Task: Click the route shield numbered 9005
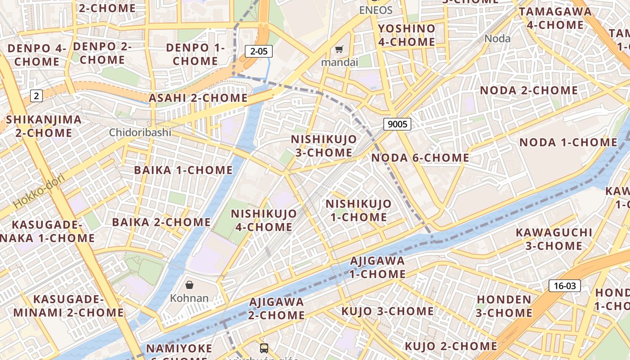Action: (x=397, y=124)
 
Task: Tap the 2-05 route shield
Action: (x=259, y=51)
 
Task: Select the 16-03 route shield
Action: (x=565, y=286)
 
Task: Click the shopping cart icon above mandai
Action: (x=339, y=49)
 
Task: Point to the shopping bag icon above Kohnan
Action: (x=189, y=284)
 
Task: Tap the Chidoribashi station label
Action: (x=140, y=132)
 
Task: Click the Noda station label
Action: (x=497, y=39)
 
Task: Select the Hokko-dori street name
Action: (x=39, y=191)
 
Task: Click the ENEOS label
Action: (x=376, y=10)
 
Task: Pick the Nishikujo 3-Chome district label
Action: (x=324, y=146)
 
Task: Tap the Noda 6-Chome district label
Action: (x=420, y=158)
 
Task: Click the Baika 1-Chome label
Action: (x=183, y=170)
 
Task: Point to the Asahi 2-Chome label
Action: (x=198, y=98)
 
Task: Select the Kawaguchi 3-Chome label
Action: (x=553, y=239)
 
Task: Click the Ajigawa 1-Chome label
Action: (x=378, y=267)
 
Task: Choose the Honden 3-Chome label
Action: (x=504, y=306)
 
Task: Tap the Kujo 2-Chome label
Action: (x=451, y=346)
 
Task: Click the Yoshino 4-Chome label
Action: (x=406, y=35)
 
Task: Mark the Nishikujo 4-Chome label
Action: (x=264, y=220)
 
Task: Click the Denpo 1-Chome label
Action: (x=195, y=54)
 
